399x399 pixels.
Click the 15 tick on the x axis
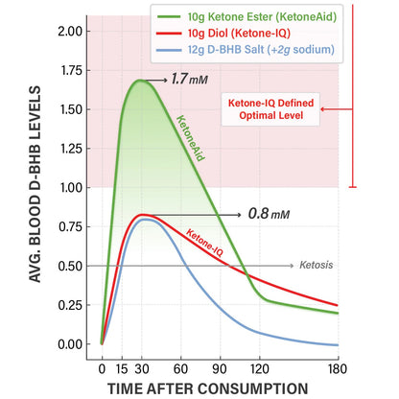click(x=123, y=367)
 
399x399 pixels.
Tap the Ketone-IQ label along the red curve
click(x=204, y=242)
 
